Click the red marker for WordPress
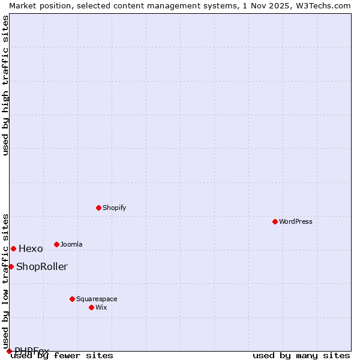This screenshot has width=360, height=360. pos(275,221)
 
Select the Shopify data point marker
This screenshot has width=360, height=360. pos(98,208)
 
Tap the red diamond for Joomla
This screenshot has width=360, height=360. pos(56,244)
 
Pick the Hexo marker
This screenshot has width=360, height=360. pos(13,248)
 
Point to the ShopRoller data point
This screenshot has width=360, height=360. pos(11,266)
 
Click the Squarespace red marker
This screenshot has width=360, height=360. pos(72,299)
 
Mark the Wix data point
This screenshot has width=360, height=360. pos(91,307)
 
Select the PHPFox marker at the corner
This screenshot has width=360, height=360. pos(9,351)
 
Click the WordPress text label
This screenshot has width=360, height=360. pos(296,221)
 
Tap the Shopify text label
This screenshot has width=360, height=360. pos(114,208)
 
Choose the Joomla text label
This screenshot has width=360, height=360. pos(71,244)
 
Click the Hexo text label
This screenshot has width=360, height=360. pos(31,249)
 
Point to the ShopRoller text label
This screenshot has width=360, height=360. pos(42,267)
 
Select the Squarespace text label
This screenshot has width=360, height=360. pos(97,299)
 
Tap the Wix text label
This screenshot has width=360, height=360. pos(101,307)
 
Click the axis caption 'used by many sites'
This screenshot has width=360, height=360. pos(301,356)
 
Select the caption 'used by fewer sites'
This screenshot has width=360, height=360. pos(62,356)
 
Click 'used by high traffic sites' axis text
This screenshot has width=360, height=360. pos(6,85)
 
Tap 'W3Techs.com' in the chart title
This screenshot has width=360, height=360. pos(323,5)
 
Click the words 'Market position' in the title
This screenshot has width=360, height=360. pos(37,5)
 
